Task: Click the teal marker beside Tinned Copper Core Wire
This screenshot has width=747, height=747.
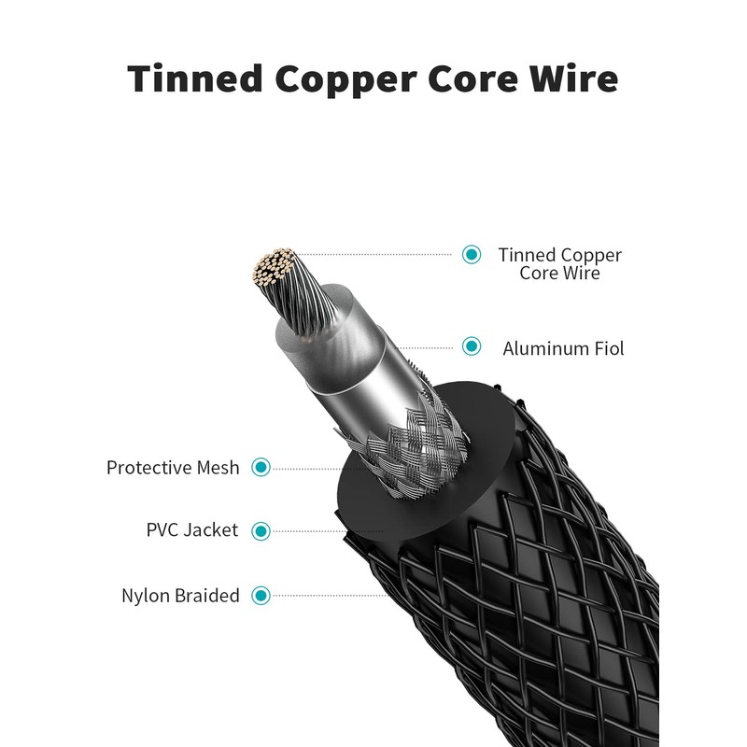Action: [472, 254]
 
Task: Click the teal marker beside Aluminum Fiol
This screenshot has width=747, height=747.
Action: [472, 347]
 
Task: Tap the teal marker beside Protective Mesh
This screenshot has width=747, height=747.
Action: [261, 467]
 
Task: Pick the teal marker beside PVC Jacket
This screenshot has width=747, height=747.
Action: [261, 530]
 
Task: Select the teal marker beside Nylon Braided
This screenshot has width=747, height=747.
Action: [261, 595]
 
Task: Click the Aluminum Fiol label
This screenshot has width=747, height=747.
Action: [563, 349]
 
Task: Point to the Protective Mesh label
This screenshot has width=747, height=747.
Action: [173, 468]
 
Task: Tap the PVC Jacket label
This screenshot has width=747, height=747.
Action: [192, 530]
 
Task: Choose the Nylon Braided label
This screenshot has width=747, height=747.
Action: [180, 596]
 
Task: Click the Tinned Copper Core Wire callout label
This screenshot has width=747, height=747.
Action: [559, 263]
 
